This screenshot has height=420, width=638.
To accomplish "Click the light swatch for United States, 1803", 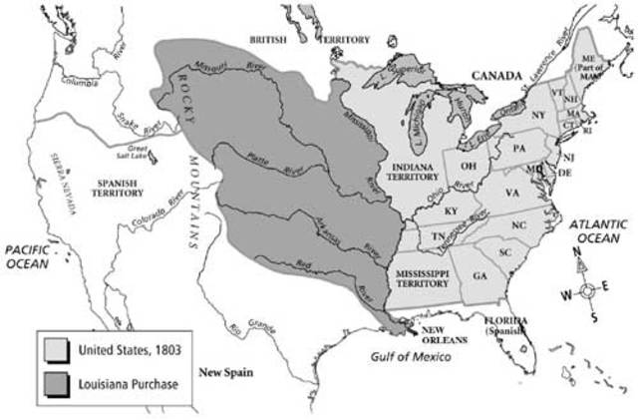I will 56,347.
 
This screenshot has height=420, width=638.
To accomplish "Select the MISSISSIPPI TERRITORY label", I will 422,278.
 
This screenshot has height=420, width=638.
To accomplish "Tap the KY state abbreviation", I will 450,210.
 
